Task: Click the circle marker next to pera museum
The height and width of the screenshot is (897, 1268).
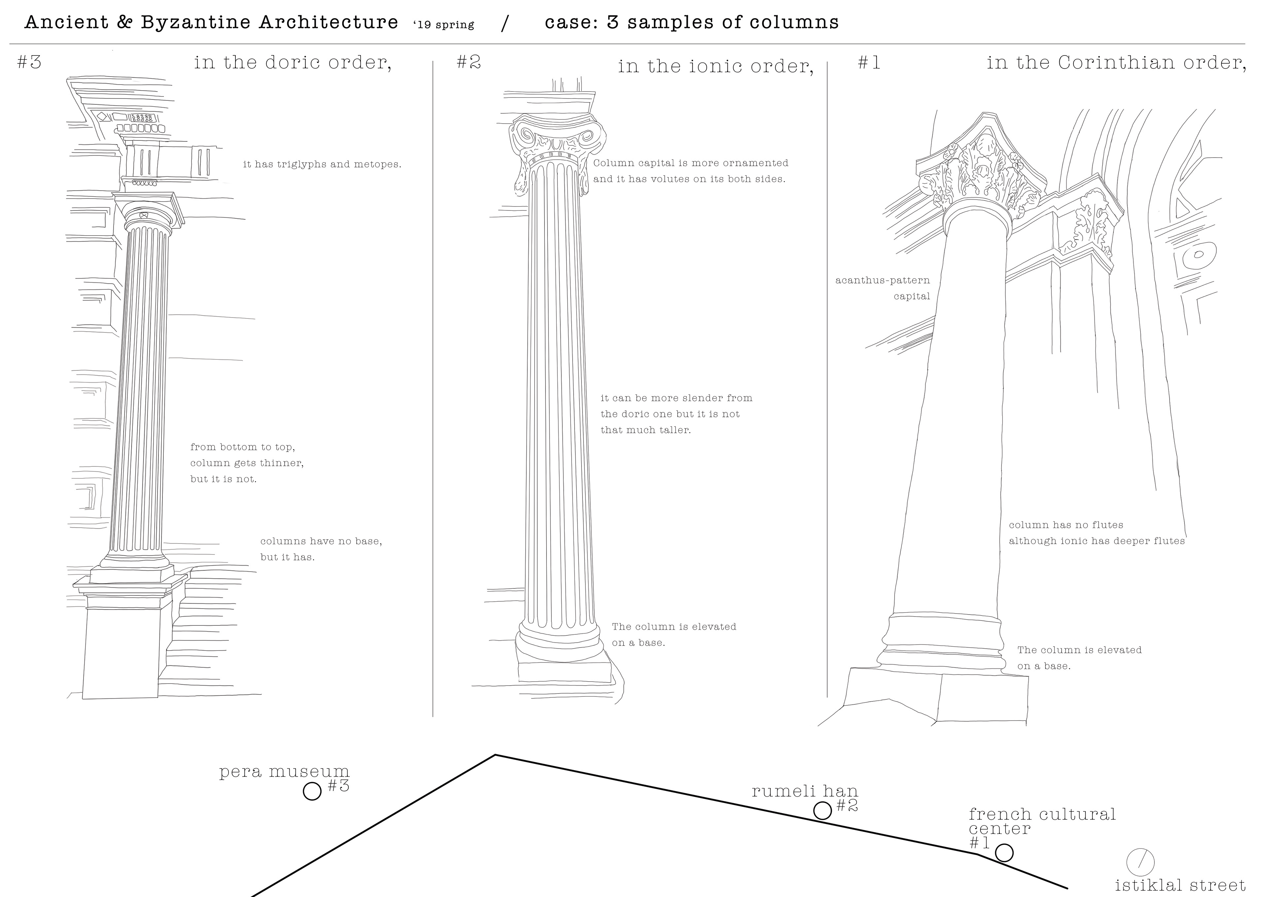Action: [x=312, y=791]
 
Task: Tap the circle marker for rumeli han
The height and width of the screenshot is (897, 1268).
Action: [x=822, y=811]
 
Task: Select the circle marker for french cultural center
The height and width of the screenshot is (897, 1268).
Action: [x=1004, y=853]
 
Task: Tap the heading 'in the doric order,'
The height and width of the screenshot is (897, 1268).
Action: [x=293, y=62]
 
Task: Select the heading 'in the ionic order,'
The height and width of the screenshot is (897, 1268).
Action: [x=715, y=66]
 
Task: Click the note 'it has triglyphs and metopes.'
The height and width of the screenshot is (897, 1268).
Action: [x=322, y=164]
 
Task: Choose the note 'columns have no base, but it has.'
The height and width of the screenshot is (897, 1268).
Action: [x=321, y=549]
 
